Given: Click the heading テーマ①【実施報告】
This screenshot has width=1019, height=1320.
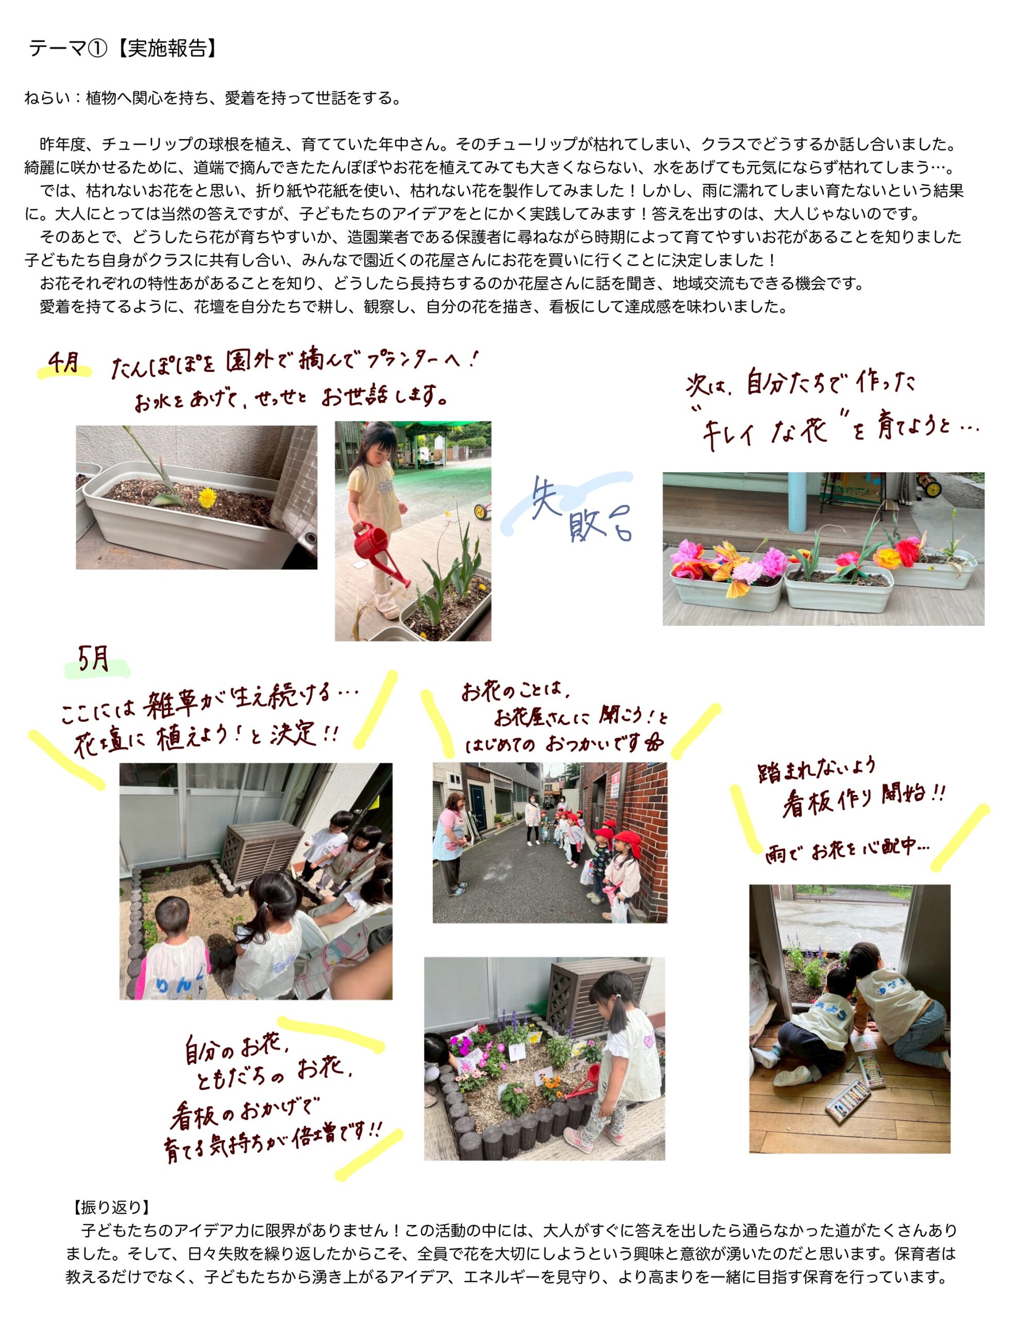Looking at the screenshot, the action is (x=123, y=49).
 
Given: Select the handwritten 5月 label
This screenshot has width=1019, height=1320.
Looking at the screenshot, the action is (x=94, y=659).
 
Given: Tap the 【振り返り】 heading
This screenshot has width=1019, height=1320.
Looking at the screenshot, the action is (x=111, y=1208).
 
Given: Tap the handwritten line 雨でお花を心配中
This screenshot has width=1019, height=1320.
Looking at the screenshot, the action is (x=848, y=851).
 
